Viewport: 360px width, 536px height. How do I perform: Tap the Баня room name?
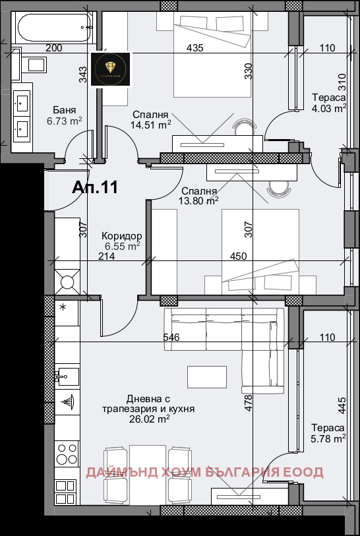click(65, 110)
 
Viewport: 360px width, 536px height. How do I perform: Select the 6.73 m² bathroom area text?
click(64, 121)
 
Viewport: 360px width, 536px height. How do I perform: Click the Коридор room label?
click(122, 236)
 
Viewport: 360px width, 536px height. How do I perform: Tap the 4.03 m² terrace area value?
click(329, 109)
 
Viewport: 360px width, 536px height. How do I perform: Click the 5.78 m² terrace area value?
click(329, 438)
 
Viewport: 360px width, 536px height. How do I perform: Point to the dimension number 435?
click(195, 47)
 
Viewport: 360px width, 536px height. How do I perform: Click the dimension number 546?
click(172, 338)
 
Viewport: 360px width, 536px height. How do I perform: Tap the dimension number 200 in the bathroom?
click(54, 47)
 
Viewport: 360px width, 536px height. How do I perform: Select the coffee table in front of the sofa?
click(206, 376)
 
